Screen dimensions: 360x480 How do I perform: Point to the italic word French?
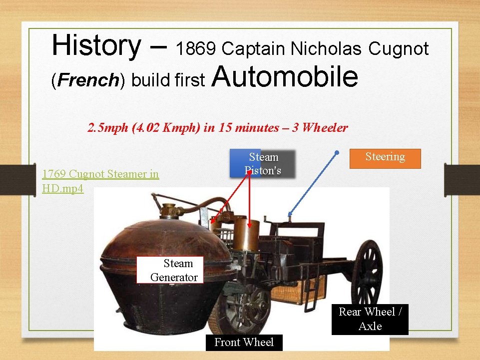pyautogui.click(x=87, y=80)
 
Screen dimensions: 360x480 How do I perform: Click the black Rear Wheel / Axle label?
pyautogui.click(x=370, y=319)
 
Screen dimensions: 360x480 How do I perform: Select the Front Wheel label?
pyautogui.click(x=244, y=343)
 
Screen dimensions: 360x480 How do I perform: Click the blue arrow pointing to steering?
pyautogui.click(x=313, y=183)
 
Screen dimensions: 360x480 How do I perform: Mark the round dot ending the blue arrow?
pyautogui.click(x=337, y=152)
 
